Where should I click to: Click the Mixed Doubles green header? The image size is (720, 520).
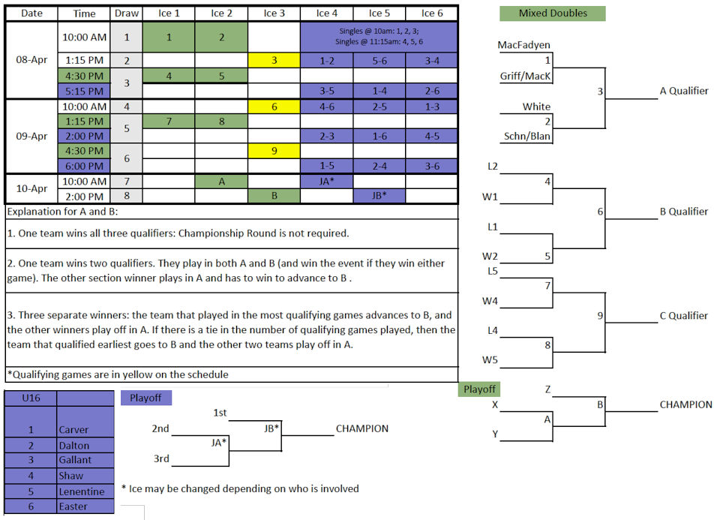pyautogui.click(x=553, y=14)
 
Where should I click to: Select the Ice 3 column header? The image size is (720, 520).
pyautogui.click(x=274, y=14)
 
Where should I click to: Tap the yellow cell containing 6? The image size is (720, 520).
pyautogui.click(x=274, y=107)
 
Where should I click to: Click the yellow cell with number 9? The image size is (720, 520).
pyautogui.click(x=274, y=151)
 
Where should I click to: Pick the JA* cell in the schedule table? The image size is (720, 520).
pyautogui.click(x=327, y=182)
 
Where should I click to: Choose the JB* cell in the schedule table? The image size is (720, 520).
pyautogui.click(x=379, y=196)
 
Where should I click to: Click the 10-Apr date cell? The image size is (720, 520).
pyautogui.click(x=31, y=188)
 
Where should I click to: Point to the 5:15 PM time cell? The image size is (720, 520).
pyautogui.click(x=85, y=91)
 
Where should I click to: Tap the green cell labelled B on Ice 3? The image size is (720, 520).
pyautogui.click(x=274, y=196)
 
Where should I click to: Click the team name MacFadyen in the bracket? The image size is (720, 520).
pyautogui.click(x=524, y=45)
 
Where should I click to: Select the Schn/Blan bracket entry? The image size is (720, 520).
pyautogui.click(x=527, y=137)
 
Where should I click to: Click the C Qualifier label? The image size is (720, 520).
pyautogui.click(x=684, y=316)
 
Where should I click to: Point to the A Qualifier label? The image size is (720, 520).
pyautogui.click(x=684, y=91)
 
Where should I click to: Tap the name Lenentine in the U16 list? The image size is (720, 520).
pyautogui.click(x=82, y=491)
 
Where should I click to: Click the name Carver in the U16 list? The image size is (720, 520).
pyautogui.click(x=73, y=429)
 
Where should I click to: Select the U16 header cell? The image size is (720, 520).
pyautogui.click(x=31, y=398)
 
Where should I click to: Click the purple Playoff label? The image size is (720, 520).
pyautogui.click(x=146, y=398)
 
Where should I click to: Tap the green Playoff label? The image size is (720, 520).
pyautogui.click(x=479, y=389)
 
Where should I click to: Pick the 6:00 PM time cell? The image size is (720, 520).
pyautogui.click(x=85, y=166)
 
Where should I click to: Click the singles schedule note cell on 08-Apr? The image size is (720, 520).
pyautogui.click(x=379, y=36)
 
